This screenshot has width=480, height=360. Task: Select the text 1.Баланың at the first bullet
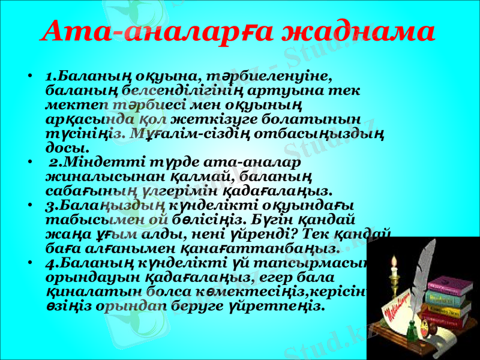(x=82, y=77)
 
